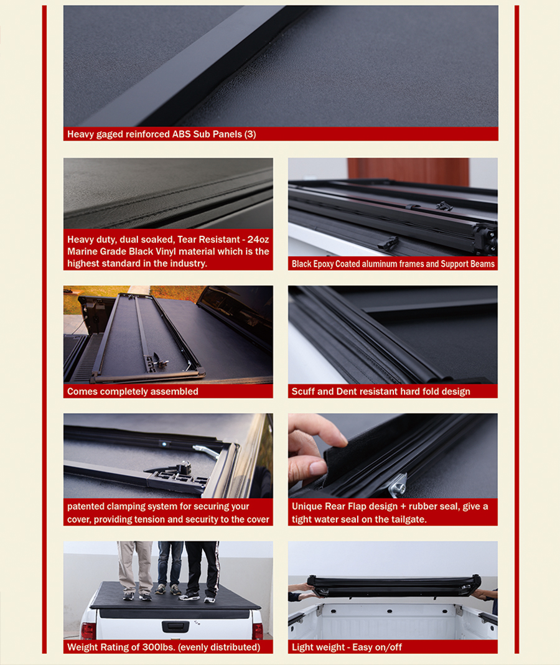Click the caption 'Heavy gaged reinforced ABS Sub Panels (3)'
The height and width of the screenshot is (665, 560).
tap(161, 134)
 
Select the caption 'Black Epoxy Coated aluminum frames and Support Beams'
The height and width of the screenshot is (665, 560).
tap(393, 264)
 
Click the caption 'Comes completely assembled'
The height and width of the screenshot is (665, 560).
tap(133, 391)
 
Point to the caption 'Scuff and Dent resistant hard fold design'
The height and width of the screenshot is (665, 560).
tap(380, 391)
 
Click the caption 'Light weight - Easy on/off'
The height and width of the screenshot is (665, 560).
tap(347, 647)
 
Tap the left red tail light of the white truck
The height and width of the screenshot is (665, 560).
tap(89, 630)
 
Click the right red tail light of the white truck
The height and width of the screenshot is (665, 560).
tap(257, 630)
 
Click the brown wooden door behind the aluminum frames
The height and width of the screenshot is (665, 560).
tap(408, 170)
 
